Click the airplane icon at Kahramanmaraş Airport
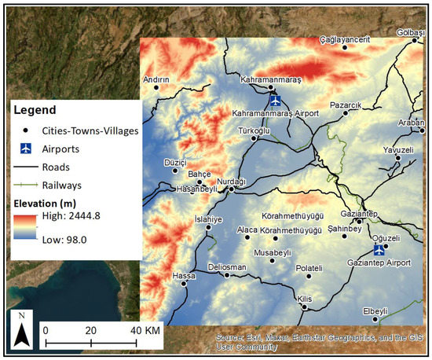pos(275,101)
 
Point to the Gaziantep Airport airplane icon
pos(379,250)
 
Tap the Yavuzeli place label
pos(397,149)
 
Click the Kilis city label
pos(305,299)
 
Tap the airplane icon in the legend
pos(26,148)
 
